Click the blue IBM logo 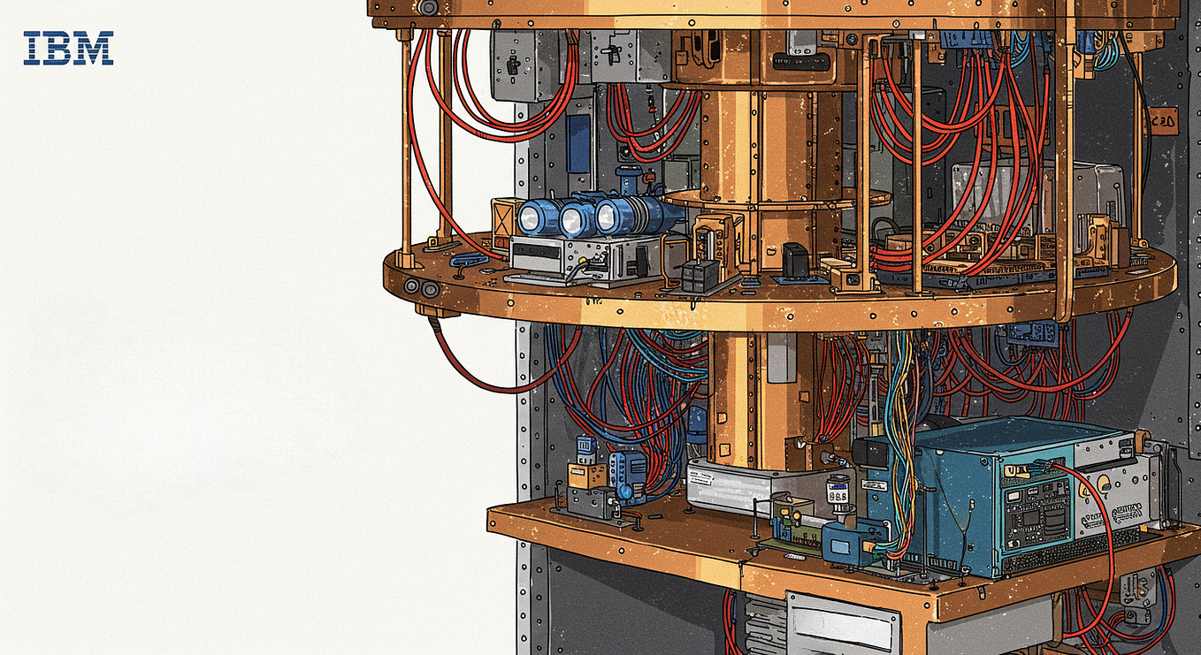68,48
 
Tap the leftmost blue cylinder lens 534,217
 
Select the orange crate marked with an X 505,215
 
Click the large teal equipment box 982,495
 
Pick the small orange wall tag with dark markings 1163,119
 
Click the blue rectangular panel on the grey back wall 579,141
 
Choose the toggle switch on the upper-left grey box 511,65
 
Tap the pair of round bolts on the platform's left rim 421,288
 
